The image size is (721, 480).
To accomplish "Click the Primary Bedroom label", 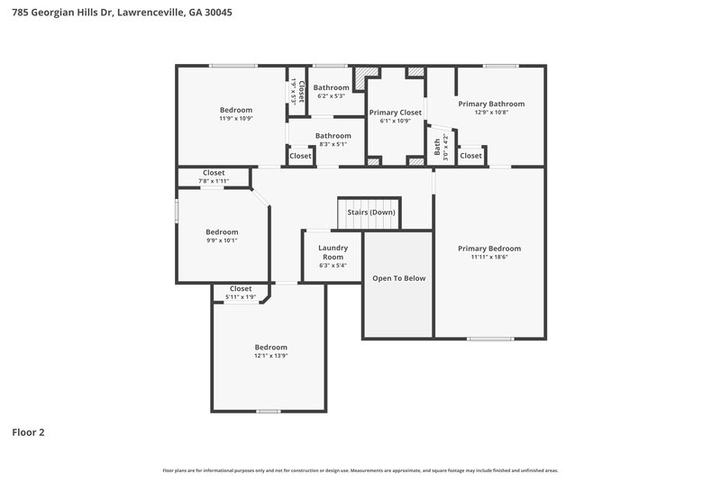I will pos(489,249).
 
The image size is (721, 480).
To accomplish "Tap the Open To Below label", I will pos(398,278).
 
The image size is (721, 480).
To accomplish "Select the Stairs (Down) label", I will pos(370,213).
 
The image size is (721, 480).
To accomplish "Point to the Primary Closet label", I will pos(396,113).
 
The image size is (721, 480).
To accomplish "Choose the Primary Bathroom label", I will pos(490,104).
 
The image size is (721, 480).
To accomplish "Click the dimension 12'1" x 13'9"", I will pos(270,356).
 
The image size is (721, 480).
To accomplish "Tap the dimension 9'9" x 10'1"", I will pos(222,240).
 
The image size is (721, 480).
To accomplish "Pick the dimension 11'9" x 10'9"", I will pos(235,118).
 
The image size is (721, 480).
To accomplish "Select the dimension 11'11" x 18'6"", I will pos(489,258).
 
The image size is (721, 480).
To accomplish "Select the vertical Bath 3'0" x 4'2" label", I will pos(438,147).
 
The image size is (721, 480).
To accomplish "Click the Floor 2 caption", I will pos(28,432).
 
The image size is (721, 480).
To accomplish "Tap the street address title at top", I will pos(111,13).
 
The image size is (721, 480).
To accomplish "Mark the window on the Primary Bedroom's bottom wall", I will pos(489,339).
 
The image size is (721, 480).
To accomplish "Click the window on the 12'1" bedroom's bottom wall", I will pos(268,411).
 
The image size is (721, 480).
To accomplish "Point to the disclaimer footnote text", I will pos(360,470).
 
